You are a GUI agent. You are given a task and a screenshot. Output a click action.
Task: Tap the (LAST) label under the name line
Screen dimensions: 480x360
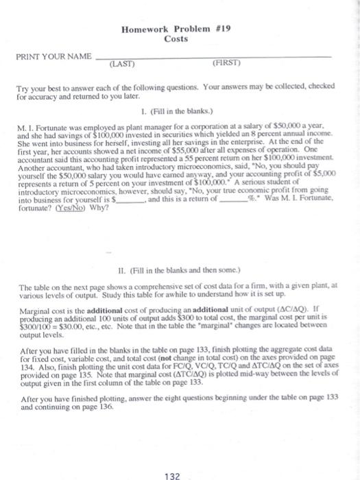click(122, 64)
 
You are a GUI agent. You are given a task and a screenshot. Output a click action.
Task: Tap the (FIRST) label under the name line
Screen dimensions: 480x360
click(226, 64)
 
